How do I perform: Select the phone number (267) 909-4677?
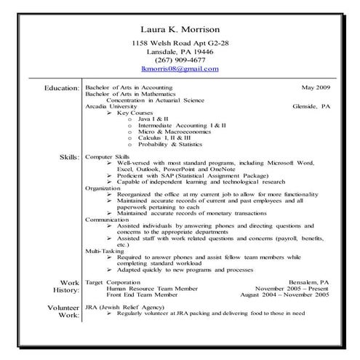pyautogui.click(x=180, y=60)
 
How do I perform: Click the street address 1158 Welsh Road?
pyautogui.click(x=164, y=44)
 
